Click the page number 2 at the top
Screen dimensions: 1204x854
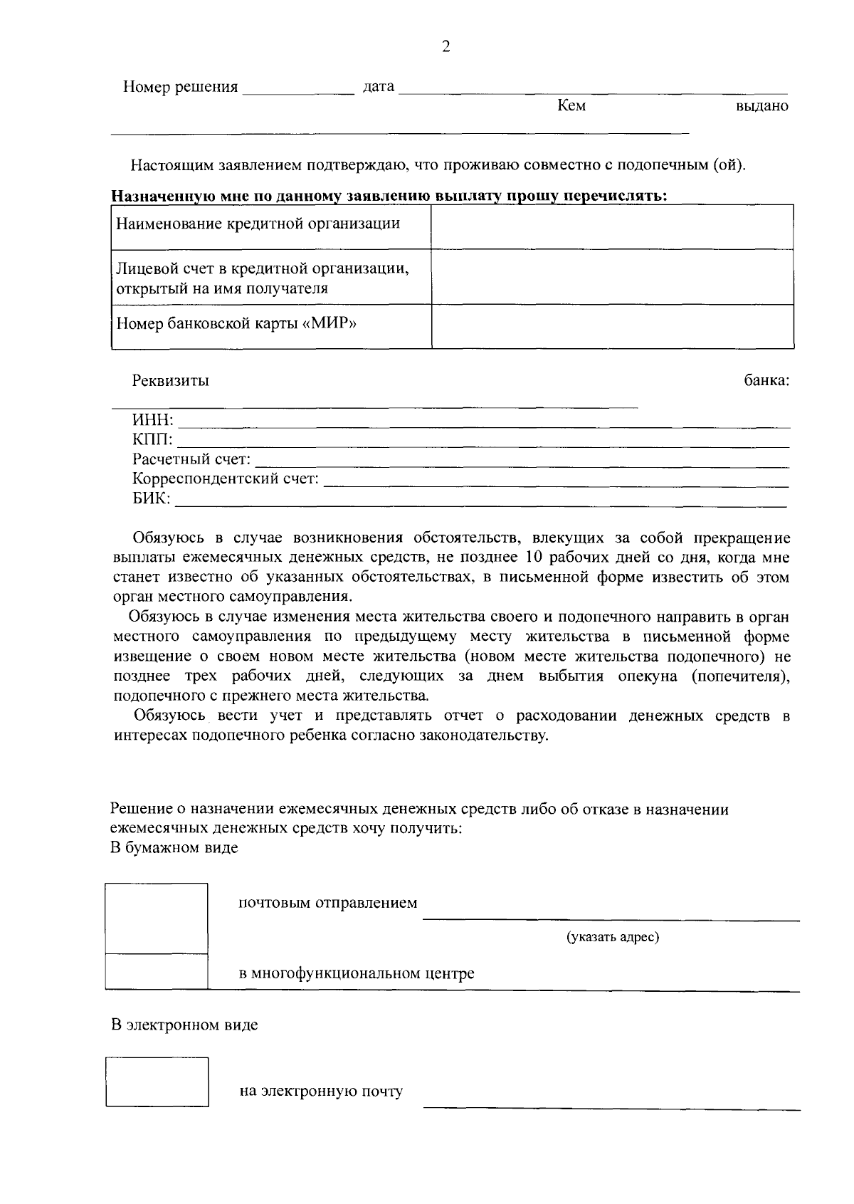pos(446,47)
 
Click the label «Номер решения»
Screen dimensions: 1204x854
pos(181,88)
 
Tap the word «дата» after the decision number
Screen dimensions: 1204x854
pos(379,88)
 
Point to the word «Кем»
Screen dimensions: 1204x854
pos(571,106)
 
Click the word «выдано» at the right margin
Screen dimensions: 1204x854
pos(762,107)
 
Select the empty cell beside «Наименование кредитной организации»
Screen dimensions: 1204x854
pos(612,227)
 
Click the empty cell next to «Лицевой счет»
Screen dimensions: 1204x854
pos(612,277)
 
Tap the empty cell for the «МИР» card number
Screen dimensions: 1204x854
pos(612,326)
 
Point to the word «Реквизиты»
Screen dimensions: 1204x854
pos(171,381)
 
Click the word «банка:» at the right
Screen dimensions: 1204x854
pos(766,381)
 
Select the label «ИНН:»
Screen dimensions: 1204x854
pos(153,421)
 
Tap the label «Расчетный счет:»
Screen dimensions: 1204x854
pos(191,460)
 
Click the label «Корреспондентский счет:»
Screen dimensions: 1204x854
pos(226,479)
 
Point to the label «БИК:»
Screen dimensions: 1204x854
pos(152,499)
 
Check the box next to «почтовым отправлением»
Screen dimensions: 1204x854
pos(157,918)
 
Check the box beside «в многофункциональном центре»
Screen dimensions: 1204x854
pos(157,971)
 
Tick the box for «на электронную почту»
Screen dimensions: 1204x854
pos(157,1082)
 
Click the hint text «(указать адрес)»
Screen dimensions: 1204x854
pos(612,937)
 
